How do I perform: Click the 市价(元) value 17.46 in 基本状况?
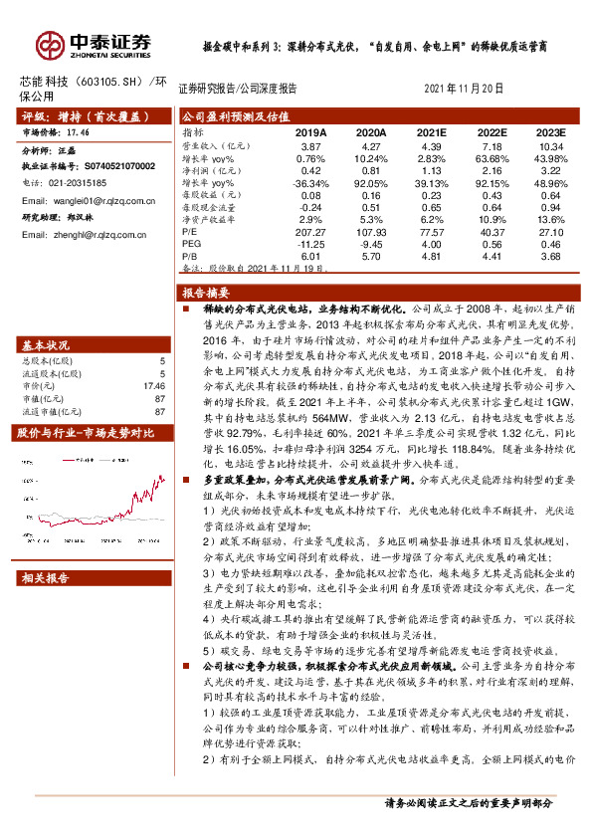coord(154,384)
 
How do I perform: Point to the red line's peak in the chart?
coord(158,478)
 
